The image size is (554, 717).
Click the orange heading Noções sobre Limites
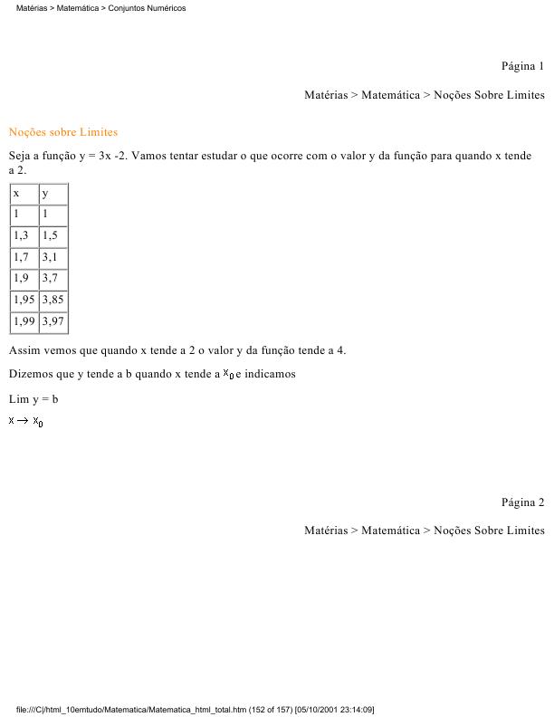(63, 132)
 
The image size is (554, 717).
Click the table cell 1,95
(24, 299)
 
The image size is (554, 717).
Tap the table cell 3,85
(53, 299)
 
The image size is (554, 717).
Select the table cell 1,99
(24, 320)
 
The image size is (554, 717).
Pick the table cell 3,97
(53, 320)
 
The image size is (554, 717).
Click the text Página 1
(522, 66)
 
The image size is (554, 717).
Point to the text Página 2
(522, 502)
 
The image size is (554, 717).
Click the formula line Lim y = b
(33, 399)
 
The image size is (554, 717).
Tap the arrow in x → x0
(24, 421)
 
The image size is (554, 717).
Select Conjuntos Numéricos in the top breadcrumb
(153, 8)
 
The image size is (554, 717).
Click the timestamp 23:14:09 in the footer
(355, 709)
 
